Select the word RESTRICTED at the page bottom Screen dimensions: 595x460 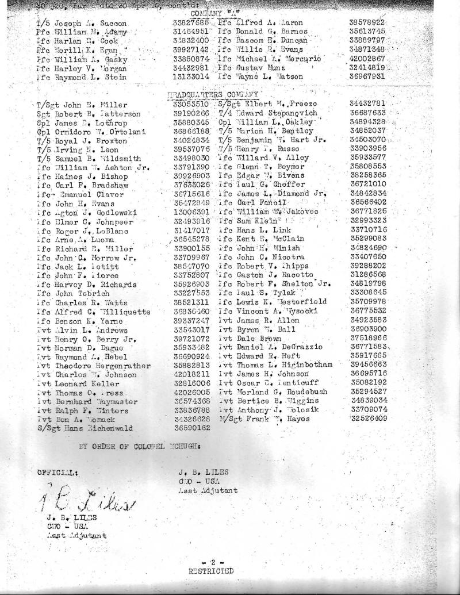pyautogui.click(x=211, y=571)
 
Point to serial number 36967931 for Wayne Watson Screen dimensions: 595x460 pyautogui.click(x=367, y=76)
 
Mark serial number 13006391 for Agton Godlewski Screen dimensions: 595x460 pyautogui.click(x=190, y=212)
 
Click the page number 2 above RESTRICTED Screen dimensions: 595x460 pyautogui.click(x=211, y=562)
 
